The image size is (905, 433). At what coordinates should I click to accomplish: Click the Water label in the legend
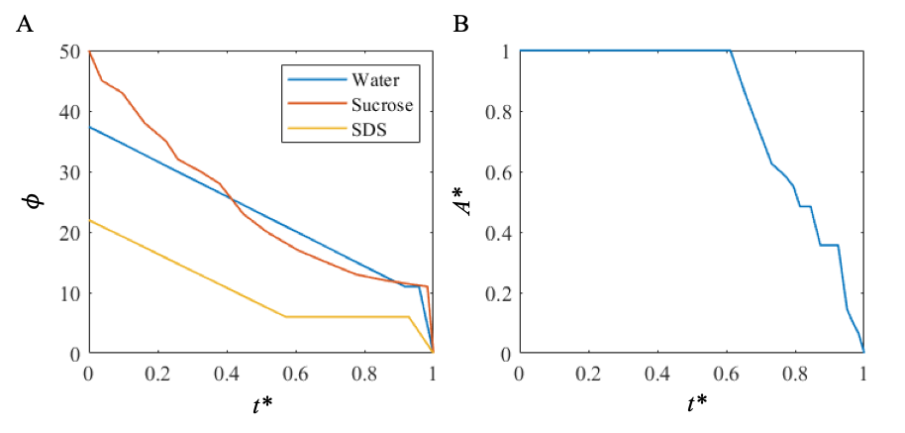point(375,79)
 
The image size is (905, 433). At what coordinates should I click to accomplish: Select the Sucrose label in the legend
point(381,104)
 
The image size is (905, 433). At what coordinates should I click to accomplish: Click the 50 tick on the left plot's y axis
point(69,52)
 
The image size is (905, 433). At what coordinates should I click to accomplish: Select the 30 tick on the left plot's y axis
point(69,172)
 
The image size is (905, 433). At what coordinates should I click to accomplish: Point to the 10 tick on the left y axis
point(69,293)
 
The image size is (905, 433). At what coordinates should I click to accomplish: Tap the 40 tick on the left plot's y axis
point(69,112)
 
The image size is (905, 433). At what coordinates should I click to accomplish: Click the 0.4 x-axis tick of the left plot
point(226,376)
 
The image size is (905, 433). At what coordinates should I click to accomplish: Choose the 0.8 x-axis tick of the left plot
point(363,376)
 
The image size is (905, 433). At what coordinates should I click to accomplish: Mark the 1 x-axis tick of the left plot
point(432,376)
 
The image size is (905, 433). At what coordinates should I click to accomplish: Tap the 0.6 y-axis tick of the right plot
point(497,172)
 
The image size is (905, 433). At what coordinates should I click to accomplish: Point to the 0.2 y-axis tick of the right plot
point(497,293)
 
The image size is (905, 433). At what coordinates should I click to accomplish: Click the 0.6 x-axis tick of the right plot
point(725,376)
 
